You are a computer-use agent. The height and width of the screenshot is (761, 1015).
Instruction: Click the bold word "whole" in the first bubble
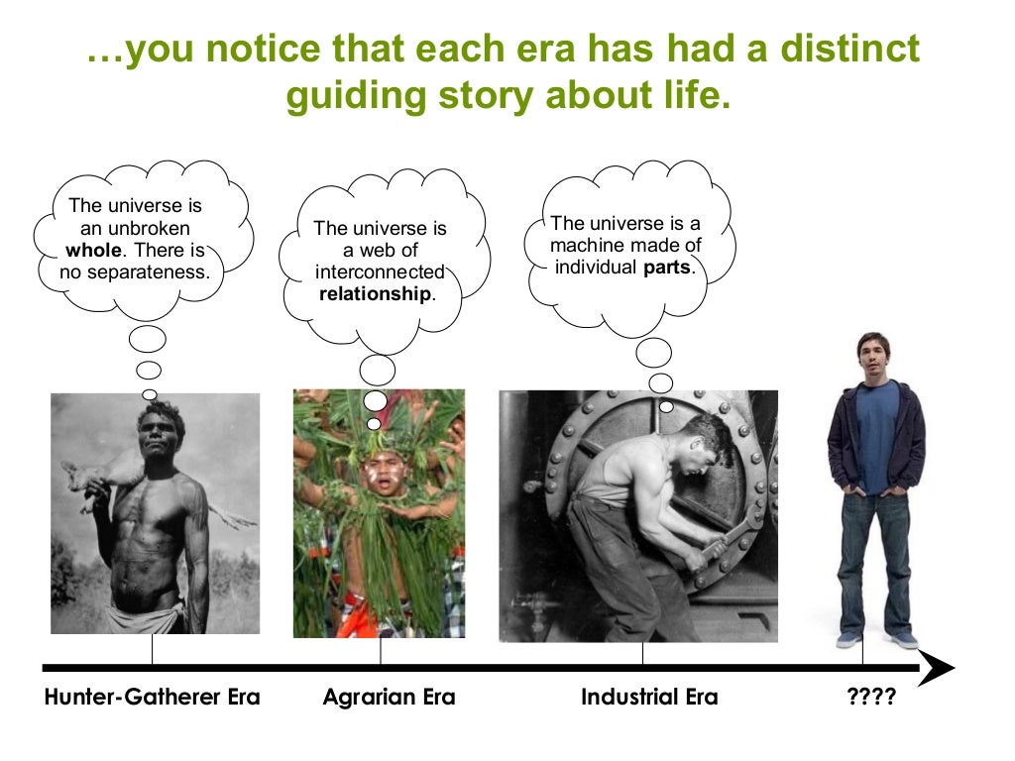[92, 250]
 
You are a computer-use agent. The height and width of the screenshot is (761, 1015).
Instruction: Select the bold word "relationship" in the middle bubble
[375, 294]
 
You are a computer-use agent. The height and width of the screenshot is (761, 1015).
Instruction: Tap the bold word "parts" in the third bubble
[668, 268]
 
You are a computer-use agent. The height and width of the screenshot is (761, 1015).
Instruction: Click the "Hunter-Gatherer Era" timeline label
[152, 698]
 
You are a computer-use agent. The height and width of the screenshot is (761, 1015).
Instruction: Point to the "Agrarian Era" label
[389, 698]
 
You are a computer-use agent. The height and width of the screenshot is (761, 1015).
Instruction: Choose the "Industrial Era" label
[649, 698]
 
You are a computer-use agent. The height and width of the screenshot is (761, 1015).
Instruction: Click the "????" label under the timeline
[871, 698]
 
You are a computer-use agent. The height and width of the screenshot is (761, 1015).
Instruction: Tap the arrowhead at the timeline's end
[937, 667]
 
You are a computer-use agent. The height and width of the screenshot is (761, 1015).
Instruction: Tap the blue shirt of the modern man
[877, 436]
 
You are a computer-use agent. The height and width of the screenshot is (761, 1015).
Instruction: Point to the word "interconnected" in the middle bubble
[380, 272]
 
